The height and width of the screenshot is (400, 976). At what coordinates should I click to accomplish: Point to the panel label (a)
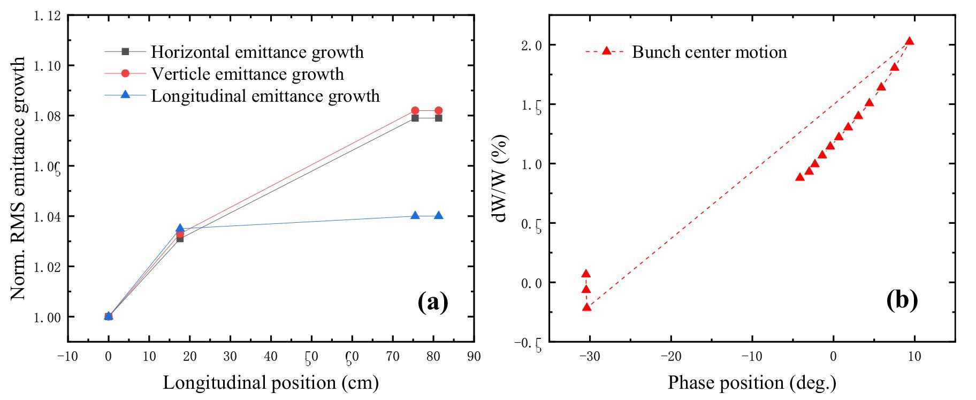pos(432,301)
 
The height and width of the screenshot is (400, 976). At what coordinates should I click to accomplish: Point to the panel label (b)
pos(902,299)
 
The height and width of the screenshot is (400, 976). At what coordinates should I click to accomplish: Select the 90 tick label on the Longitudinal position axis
pos(474,357)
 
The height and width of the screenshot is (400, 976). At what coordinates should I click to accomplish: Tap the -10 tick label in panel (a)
pos(67,357)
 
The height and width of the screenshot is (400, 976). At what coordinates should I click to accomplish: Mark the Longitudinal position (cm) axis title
pos(271,383)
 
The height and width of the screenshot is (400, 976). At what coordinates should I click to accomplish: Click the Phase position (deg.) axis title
pos(752,383)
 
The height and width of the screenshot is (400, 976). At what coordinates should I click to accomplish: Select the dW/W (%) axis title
pos(501,178)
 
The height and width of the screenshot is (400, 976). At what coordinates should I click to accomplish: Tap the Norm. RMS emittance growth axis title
pos(18,178)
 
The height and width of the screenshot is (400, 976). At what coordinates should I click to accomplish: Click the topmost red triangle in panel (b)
pos(909,41)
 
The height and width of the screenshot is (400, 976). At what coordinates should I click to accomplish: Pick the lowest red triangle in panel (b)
pos(586,307)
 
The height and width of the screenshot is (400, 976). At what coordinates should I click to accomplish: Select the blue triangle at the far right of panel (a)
pos(439,215)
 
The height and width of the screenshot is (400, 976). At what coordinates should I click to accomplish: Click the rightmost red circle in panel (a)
pos(439,110)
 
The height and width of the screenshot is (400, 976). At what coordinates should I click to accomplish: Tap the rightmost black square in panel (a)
pos(439,118)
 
